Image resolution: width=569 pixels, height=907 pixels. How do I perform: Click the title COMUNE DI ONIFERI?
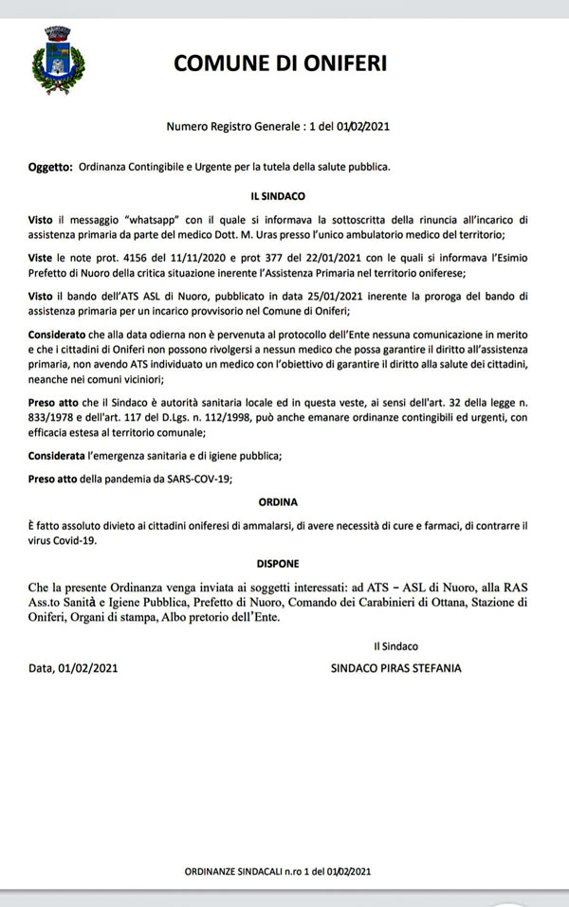(280, 63)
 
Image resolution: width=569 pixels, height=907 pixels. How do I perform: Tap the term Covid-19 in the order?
(82, 540)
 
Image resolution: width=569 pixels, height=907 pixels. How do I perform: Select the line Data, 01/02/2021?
(73, 668)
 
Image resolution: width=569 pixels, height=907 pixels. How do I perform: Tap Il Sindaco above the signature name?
(396, 646)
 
